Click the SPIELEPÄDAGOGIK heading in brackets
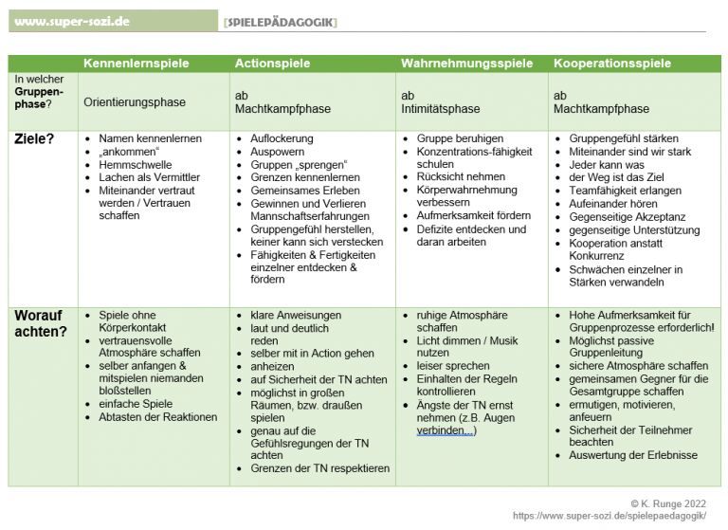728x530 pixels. point(281,21)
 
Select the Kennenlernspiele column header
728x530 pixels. point(136,64)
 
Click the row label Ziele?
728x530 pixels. point(36,138)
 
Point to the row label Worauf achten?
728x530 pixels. point(40,323)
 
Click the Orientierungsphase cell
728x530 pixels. point(135,101)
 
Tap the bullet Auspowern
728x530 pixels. point(277,152)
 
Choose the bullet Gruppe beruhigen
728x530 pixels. point(460,138)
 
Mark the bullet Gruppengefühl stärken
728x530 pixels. point(623,138)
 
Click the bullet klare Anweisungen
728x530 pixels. point(296,316)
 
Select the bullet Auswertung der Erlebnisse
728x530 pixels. point(632,455)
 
